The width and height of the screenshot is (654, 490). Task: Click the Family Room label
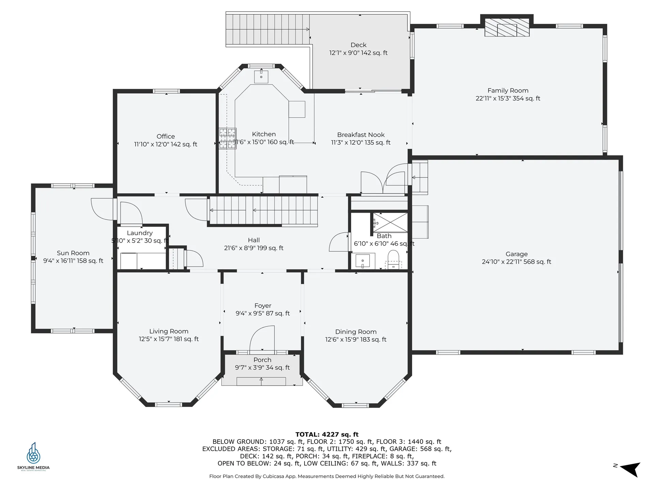point(508,91)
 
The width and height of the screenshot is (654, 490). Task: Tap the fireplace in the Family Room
point(507,28)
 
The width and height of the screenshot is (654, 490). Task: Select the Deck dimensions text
point(358,53)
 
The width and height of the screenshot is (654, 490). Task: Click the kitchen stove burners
point(228,138)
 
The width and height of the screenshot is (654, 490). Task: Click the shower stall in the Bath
point(390,222)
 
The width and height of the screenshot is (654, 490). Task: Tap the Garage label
point(516,254)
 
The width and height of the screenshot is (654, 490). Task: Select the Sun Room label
point(73,253)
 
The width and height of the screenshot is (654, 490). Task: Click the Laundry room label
point(140,233)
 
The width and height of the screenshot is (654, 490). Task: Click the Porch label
point(262,360)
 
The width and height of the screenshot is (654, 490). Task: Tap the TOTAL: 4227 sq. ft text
point(327,434)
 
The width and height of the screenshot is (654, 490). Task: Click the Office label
point(166,136)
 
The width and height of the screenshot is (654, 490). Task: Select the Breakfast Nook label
point(361,135)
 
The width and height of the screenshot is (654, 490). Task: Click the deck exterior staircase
point(267,30)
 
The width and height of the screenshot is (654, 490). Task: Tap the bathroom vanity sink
point(363,261)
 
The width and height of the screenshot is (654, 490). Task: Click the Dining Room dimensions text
point(356,339)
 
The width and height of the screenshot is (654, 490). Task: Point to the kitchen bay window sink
point(261,77)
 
